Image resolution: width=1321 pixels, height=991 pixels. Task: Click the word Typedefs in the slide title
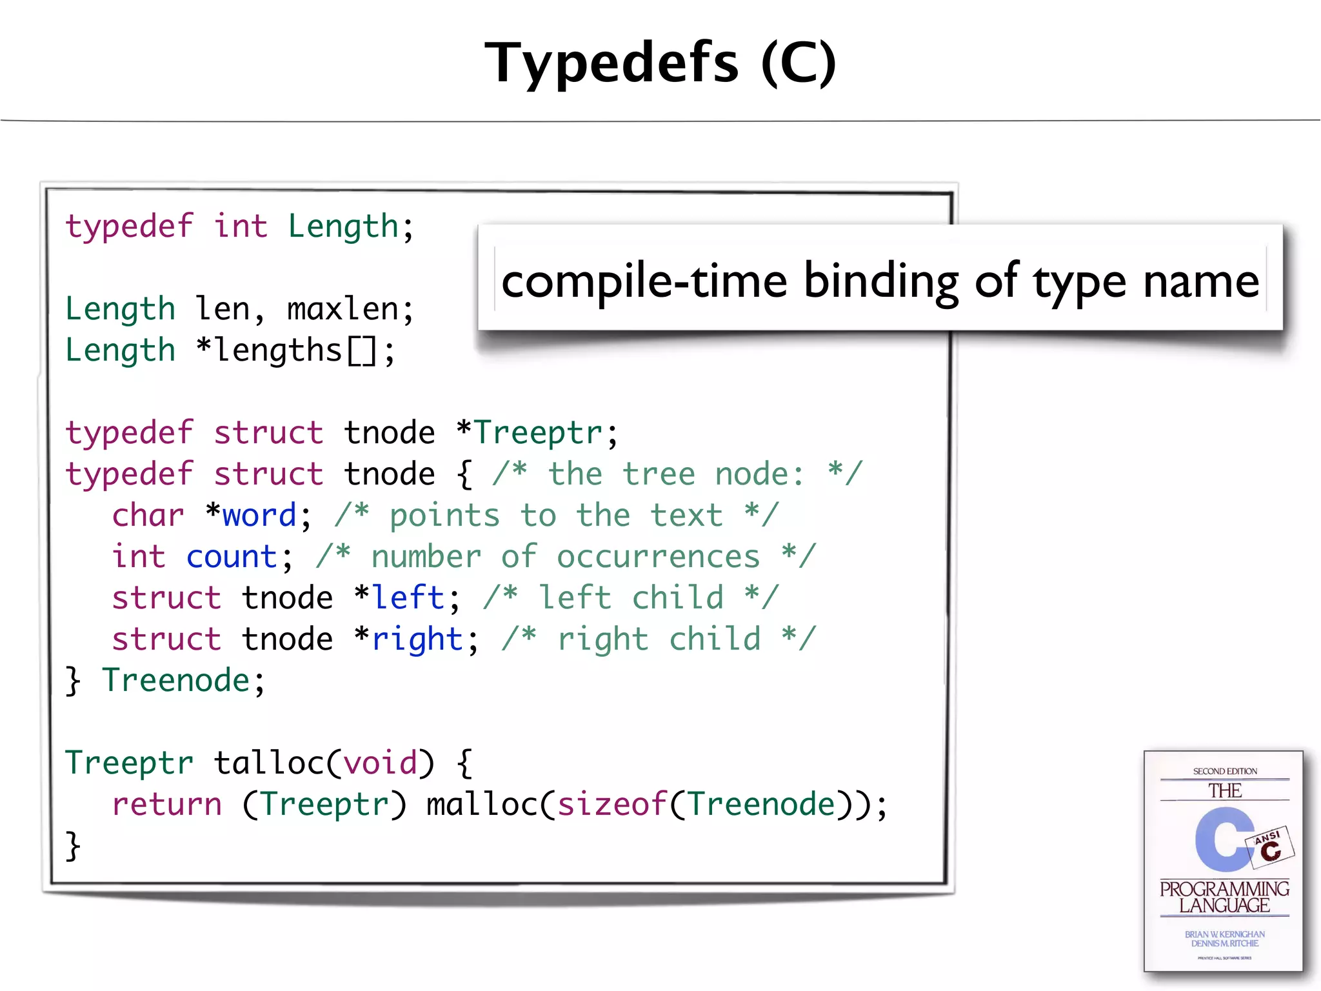pos(611,63)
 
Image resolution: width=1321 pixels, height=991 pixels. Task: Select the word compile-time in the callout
pos(644,281)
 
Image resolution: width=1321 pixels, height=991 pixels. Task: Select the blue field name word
pos(259,516)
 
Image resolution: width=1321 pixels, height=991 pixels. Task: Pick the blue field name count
pos(232,557)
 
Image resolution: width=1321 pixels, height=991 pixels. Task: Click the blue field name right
pos(417,639)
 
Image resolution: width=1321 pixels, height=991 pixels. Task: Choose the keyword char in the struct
pos(148,516)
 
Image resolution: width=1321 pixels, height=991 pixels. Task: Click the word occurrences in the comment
pos(658,557)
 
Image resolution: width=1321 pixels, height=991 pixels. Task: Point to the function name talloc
pos(269,763)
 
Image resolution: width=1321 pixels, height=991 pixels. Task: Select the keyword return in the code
pos(166,805)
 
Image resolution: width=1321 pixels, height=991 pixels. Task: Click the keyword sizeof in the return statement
pos(611,805)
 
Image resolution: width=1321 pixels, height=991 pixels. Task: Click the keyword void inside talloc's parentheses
pos(380,763)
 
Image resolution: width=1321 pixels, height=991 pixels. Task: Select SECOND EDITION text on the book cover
pos(1224,771)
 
